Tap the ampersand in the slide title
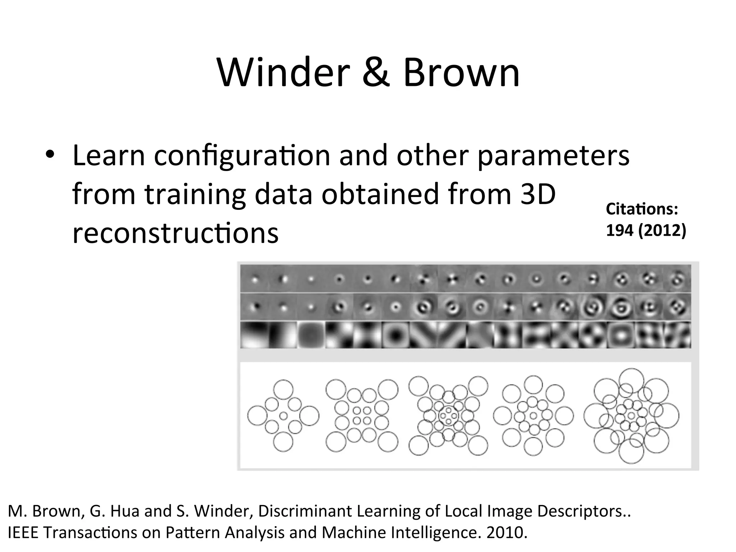[x=376, y=74]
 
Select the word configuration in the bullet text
[x=242, y=156]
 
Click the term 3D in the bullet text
[x=538, y=194]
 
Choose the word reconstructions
[x=175, y=233]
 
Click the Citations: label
[x=642, y=209]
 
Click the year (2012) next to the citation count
[x=662, y=230]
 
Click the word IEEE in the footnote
[x=23, y=533]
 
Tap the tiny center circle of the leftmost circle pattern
[x=284, y=416]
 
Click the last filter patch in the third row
[x=677, y=335]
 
